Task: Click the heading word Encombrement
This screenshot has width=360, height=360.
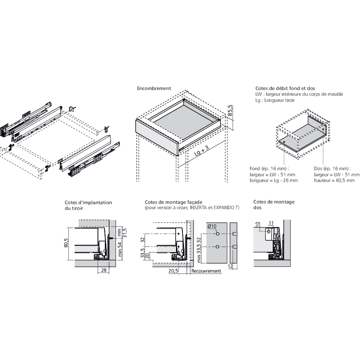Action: tap(154, 88)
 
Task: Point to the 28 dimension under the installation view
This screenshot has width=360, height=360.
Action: tap(103, 270)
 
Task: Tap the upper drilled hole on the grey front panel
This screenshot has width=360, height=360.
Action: tap(218, 234)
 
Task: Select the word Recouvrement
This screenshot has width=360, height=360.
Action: tap(206, 271)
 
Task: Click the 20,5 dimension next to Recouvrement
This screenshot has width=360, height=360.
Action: tap(173, 271)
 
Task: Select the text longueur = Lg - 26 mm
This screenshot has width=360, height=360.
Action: tap(274, 180)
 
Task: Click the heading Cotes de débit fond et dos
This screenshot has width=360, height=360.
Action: tap(285, 88)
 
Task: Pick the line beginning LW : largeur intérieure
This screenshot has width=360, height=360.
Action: tap(299, 94)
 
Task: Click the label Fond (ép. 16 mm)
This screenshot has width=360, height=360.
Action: tap(269, 168)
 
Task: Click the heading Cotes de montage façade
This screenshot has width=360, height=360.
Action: tap(173, 202)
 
